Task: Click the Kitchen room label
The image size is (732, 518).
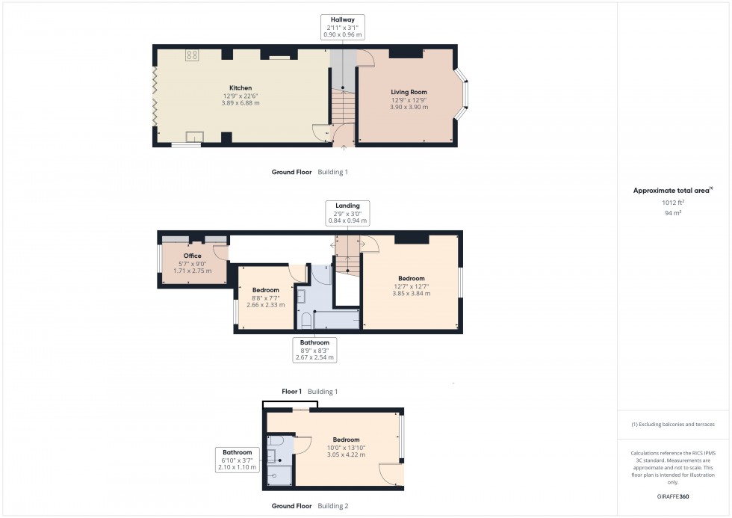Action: (241, 95)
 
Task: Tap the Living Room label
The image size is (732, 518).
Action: (409, 99)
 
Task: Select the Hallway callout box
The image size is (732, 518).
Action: (343, 27)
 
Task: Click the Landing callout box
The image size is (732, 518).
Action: (348, 213)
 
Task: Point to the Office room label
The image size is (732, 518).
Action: (193, 263)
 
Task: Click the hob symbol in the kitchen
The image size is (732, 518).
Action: (192, 55)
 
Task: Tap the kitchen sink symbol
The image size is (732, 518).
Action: (195, 136)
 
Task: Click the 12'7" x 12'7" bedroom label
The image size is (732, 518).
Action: (412, 286)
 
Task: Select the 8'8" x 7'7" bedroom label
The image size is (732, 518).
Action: (266, 297)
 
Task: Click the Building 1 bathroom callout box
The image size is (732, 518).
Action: (314, 350)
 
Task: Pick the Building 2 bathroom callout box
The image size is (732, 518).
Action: (238, 460)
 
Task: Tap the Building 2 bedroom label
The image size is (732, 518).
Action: (346, 447)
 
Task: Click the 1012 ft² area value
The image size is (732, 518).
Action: (673, 203)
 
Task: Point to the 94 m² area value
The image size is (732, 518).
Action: (673, 213)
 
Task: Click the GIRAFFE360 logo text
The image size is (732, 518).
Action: (673, 496)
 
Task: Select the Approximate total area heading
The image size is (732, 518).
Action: (673, 190)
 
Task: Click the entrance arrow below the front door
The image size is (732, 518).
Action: (344, 148)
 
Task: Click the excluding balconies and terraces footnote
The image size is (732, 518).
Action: (673, 425)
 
